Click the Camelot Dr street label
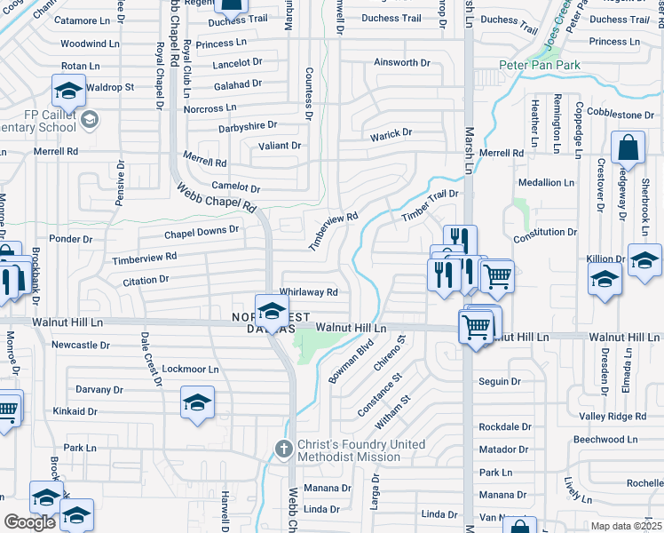(x=235, y=188)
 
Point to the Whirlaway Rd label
(x=309, y=291)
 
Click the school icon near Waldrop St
(x=68, y=91)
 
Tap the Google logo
(x=29, y=521)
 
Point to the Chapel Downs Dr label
(x=202, y=231)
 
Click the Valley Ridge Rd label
(x=613, y=417)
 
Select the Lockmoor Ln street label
(x=190, y=369)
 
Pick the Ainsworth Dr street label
(x=401, y=63)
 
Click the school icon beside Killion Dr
(x=605, y=278)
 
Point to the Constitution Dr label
(x=545, y=232)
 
